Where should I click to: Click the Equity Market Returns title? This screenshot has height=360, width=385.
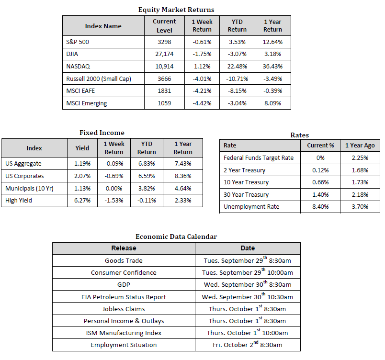176,10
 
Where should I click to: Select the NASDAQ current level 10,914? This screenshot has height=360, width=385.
164,66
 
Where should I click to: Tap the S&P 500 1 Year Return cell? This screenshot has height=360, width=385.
272,42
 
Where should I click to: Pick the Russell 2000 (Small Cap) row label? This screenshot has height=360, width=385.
99,79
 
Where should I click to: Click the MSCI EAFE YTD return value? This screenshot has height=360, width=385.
237,91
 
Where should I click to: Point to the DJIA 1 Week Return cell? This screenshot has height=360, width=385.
202,54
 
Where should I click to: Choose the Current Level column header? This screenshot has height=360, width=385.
164,26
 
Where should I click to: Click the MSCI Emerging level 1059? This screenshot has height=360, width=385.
164,103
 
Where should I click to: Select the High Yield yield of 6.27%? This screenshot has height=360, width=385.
82,201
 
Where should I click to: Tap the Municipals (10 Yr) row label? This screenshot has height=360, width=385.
29,189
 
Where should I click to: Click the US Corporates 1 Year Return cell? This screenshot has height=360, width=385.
183,176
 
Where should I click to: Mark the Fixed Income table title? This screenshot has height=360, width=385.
102,133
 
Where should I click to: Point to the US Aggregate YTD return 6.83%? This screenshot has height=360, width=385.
147,164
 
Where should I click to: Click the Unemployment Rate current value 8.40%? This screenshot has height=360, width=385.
320,207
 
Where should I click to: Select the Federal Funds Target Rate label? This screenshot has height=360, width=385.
259,158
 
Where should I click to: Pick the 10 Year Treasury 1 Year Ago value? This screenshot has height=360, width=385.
360,182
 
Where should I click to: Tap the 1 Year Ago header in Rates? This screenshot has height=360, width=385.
360,146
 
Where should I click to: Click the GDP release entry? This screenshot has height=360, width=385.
124,285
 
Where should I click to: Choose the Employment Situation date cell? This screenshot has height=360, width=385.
248,344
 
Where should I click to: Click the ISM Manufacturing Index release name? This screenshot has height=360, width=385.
124,333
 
